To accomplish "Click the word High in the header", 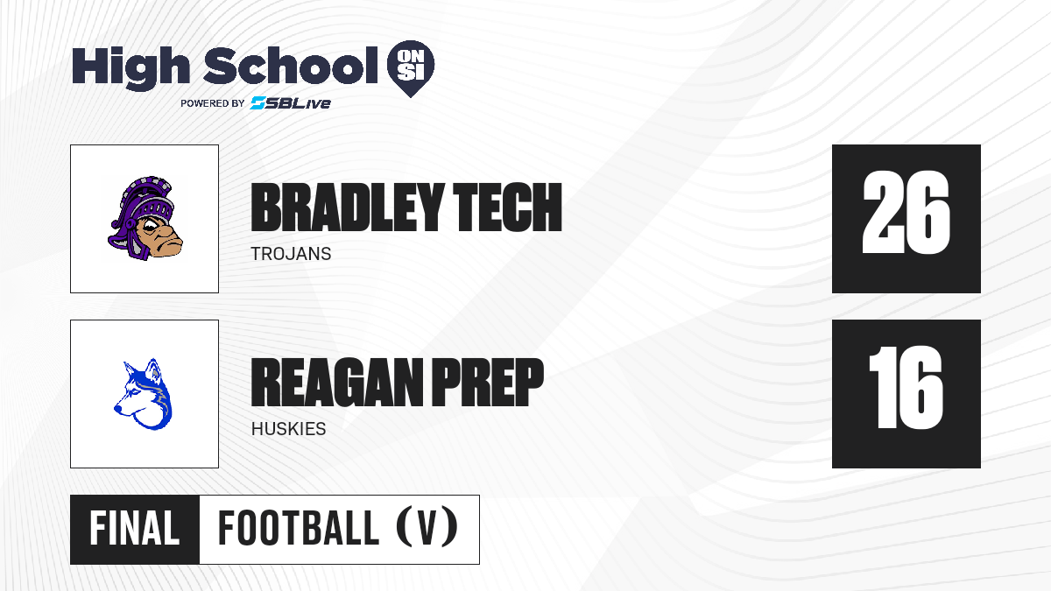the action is pyautogui.click(x=131, y=67).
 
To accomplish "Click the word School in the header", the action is pyautogui.click(x=291, y=66).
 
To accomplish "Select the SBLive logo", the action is pyautogui.click(x=291, y=102).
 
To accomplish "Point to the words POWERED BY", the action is pyautogui.click(x=213, y=103).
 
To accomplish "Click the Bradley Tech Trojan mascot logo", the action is pyautogui.click(x=145, y=219).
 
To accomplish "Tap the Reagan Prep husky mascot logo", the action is pyautogui.click(x=144, y=394).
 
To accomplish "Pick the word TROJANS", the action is pyautogui.click(x=291, y=254).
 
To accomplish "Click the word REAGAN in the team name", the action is pyautogui.click(x=337, y=382).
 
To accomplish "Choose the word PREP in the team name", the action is pyautogui.click(x=488, y=382).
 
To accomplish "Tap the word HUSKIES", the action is pyautogui.click(x=288, y=429).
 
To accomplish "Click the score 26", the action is pyautogui.click(x=906, y=213).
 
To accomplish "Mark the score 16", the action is pyautogui.click(x=906, y=387).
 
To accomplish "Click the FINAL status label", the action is pyautogui.click(x=135, y=528).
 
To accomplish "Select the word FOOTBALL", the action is pyautogui.click(x=299, y=528).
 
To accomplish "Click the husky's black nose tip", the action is pyautogui.click(x=116, y=409).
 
